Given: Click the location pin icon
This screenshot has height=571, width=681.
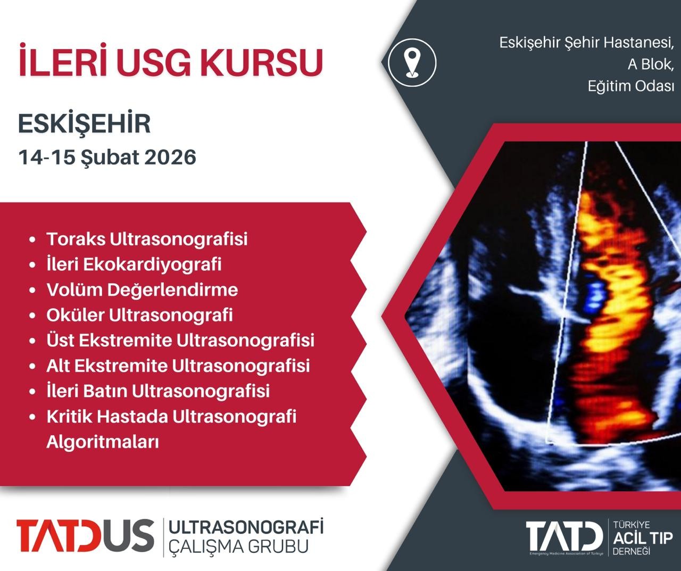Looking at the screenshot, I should coord(412,63).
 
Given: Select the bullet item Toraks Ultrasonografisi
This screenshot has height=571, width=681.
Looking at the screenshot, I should coord(147,239).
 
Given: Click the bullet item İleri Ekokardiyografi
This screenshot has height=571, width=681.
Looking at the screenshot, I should coord(134,264).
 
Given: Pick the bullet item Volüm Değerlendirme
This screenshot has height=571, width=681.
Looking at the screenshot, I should coord(142,289).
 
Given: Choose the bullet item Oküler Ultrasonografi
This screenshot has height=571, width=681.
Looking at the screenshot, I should coord(139,315).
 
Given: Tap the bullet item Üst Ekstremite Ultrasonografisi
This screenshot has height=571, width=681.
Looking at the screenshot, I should coord(180,340).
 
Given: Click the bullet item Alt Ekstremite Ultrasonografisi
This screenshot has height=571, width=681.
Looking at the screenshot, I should coord(178,366).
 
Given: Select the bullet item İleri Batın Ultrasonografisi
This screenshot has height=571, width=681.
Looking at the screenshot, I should coord(158,391).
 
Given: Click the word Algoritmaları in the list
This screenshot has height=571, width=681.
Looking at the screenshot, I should coord(103,442).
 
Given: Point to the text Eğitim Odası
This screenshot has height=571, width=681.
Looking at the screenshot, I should coord(631,86).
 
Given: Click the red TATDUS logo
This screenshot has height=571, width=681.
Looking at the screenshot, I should coord(85,535).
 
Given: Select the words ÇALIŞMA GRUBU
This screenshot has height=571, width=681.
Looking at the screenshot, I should coord(238,547).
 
